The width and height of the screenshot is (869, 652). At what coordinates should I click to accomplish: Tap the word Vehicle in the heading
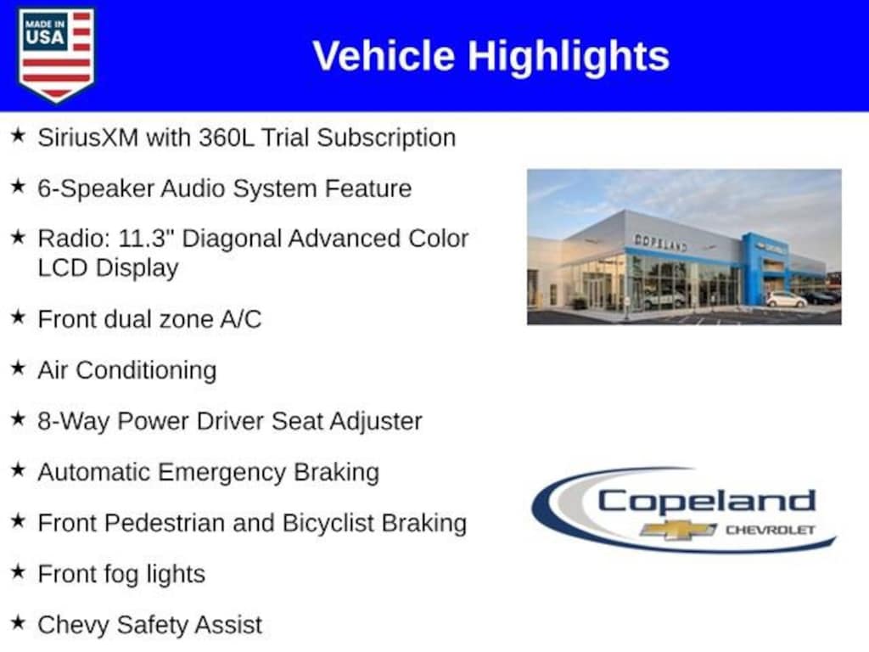384,55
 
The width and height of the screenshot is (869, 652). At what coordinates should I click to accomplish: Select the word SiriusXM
87,138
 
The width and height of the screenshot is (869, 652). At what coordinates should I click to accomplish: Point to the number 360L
226,138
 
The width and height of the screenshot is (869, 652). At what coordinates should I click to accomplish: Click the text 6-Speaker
95,189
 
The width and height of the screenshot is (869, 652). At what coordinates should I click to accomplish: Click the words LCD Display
108,268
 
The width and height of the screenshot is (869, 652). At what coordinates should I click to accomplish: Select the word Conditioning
146,371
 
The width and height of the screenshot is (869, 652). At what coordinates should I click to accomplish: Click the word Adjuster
376,422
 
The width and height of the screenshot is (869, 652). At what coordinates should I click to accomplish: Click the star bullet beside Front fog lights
19,570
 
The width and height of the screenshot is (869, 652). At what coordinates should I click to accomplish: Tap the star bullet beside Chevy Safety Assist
19,621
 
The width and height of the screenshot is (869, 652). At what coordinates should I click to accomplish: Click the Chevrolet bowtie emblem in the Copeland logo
678,530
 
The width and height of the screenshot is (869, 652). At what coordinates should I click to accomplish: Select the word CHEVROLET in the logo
771,530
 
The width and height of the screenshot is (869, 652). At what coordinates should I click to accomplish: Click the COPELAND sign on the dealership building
660,243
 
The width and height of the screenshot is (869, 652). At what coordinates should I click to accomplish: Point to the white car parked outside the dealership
786,300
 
